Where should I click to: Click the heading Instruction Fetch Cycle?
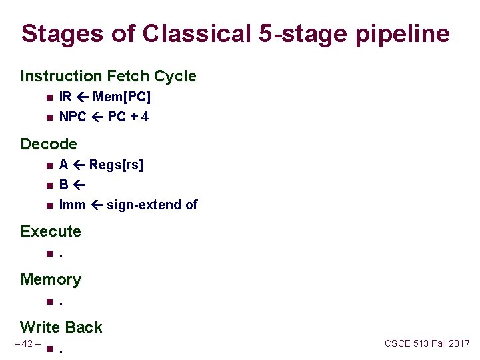(108, 76)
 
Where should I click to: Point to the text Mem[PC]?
(122, 97)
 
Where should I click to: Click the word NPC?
(73, 117)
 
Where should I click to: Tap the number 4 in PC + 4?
(145, 117)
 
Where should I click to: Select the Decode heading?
(49, 143)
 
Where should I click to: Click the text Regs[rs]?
(116, 165)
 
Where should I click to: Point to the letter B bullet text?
(63, 185)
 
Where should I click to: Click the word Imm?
(72, 205)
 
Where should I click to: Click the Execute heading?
(51, 231)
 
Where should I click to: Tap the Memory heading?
(51, 279)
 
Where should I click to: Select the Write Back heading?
(61, 327)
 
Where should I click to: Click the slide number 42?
(27, 343)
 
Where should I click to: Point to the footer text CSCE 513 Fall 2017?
(427, 343)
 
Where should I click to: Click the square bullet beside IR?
(49, 98)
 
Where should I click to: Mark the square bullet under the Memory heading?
(49, 301)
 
